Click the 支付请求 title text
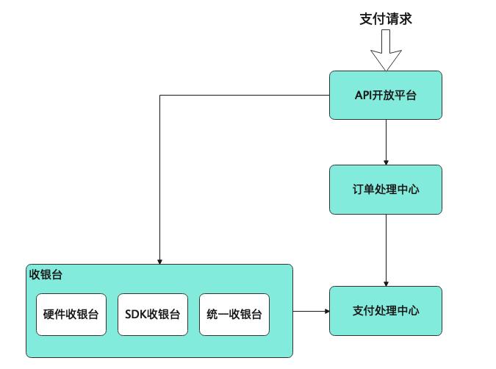pos(385,19)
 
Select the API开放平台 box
pos(386,95)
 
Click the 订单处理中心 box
pos(386,189)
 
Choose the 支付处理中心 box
pos(386,311)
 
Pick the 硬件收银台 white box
pos(71,315)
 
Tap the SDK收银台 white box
pos(153,315)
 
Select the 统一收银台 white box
pos(234,315)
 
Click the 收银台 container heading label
pos(46,275)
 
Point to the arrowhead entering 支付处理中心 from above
pos(386,283)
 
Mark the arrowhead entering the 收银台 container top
pos(159,260)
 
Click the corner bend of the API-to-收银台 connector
pos(159,96)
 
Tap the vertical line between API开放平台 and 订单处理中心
pos(386,140)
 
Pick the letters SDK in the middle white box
pos(136,315)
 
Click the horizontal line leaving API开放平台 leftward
pos(242,96)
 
